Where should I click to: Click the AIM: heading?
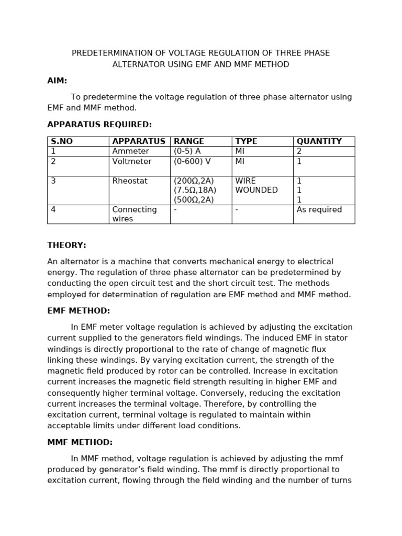coord(57,81)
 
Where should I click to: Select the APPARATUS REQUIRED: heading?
coord(99,125)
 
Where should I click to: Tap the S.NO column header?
coord(62,141)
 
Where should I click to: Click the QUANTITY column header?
coord(319,141)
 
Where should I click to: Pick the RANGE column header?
coord(189,141)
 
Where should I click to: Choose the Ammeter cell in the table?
coord(127,151)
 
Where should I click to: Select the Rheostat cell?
coord(130,181)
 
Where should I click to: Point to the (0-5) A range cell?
coord(187,151)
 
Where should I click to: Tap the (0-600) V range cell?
coord(192,162)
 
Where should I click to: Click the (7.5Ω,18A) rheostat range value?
coord(195,191)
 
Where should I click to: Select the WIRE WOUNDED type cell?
coord(256,186)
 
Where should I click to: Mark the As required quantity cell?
coord(319,210)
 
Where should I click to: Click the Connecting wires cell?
coord(135,214)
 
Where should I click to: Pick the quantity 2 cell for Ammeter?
coord(299,151)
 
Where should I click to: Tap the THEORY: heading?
coord(66,245)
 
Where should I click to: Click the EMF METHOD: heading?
coord(79,311)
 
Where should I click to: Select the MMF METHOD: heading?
coord(80,442)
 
